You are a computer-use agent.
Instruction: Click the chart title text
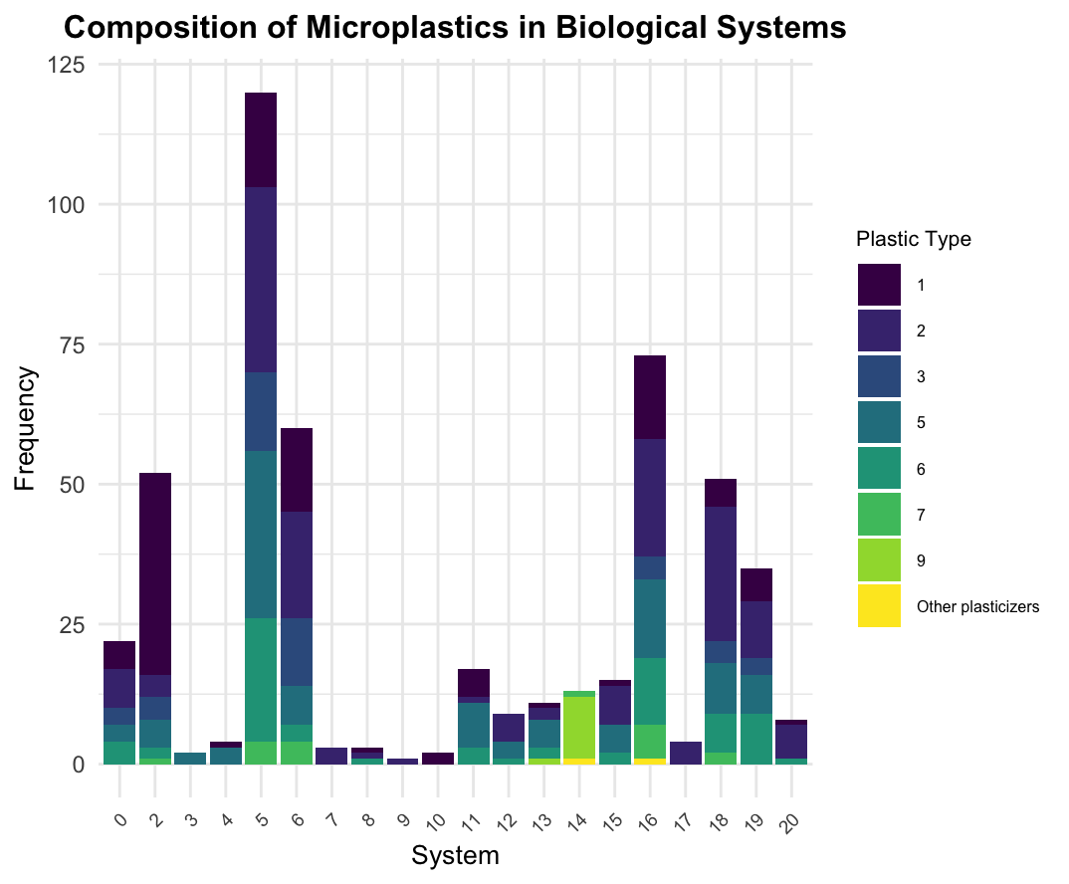tap(455, 28)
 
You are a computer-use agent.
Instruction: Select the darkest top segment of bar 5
tap(261, 139)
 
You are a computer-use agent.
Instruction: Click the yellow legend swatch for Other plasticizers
tap(879, 606)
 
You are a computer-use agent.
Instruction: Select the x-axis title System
tap(455, 855)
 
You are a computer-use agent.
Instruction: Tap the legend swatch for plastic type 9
tap(879, 560)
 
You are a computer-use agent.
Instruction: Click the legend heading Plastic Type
tap(913, 239)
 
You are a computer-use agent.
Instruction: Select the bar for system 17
tap(686, 753)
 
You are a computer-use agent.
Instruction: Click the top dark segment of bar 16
tap(650, 396)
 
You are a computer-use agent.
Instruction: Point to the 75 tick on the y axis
tap(80, 344)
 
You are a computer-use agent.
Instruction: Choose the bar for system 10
tap(437, 759)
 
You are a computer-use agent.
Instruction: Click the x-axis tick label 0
tap(119, 791)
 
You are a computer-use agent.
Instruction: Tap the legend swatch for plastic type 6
tap(879, 469)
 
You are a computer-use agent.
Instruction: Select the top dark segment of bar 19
tap(756, 584)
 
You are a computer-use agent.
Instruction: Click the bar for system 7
tap(331, 756)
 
